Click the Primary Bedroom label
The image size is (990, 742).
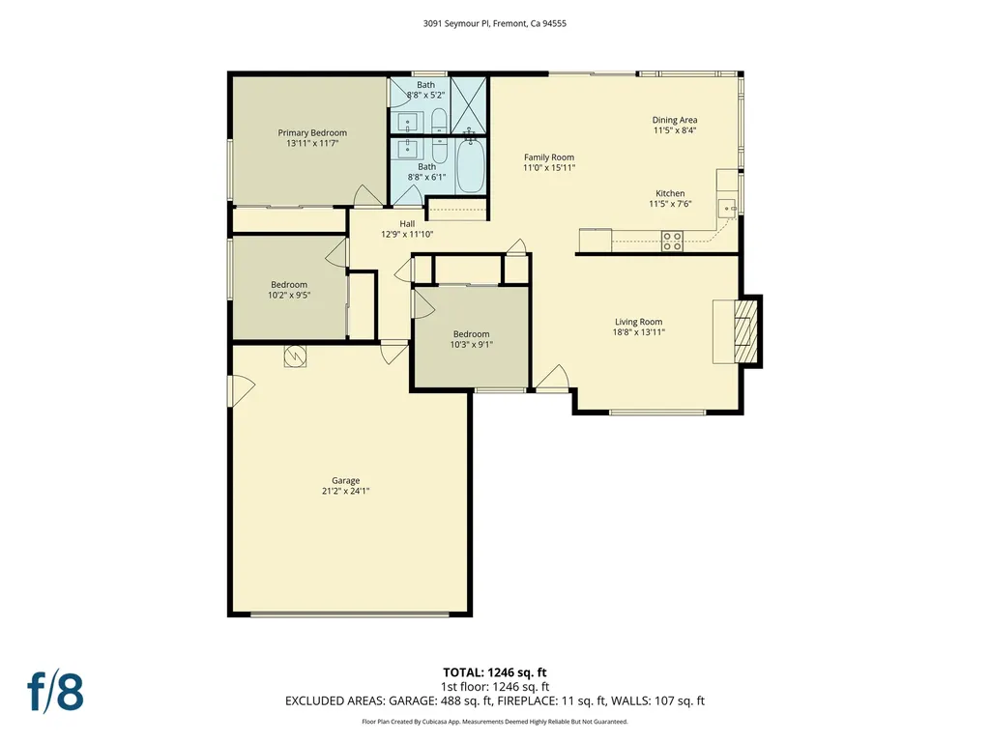tap(312, 132)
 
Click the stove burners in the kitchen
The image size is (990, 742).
tap(673, 241)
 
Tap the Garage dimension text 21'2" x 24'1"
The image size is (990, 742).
tap(345, 491)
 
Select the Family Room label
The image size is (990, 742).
tap(549, 157)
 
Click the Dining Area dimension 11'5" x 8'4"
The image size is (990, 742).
tap(674, 130)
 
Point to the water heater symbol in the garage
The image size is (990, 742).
tap(293, 357)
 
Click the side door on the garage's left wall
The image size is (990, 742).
tap(240, 390)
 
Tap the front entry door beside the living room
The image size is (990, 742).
tap(553, 379)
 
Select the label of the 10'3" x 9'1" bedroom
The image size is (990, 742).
tap(471, 334)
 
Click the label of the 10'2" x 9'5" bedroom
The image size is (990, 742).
tap(288, 284)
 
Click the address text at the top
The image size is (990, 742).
tap(494, 24)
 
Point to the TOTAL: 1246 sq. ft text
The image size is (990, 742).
tap(494, 672)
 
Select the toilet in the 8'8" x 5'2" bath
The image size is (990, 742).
tap(437, 121)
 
